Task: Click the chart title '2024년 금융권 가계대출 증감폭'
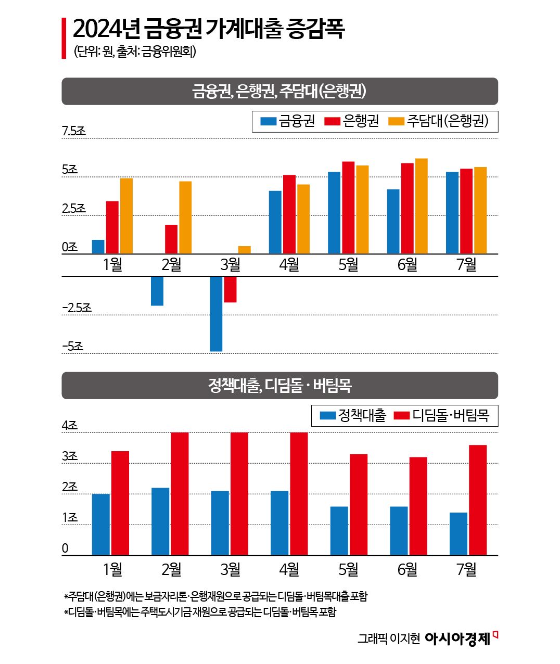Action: point(208,29)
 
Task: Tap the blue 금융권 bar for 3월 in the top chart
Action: point(216,313)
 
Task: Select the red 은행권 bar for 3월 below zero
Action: point(230,289)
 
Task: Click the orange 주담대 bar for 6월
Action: point(421,206)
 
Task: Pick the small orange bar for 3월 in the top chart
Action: point(244,250)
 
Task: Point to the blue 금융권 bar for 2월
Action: point(157,291)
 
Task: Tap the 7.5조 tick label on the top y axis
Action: point(74,131)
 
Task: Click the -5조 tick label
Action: point(73,346)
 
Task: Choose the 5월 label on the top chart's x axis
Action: point(348,265)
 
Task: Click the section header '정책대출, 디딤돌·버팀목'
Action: point(279,386)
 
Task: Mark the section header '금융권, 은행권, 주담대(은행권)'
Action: point(279,92)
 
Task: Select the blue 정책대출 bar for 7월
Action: point(459,534)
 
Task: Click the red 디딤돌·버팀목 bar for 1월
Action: point(120,503)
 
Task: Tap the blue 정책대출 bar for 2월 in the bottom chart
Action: point(160,521)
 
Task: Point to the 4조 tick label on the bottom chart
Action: point(70,425)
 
